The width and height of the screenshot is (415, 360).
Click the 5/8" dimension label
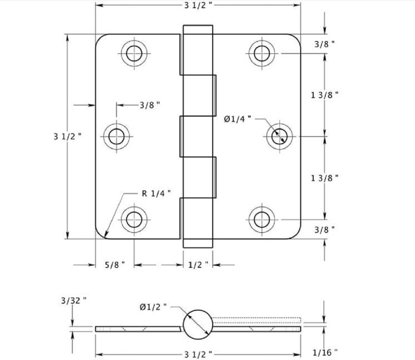coord(115,265)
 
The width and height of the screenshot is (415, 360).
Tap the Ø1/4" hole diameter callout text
coord(237,119)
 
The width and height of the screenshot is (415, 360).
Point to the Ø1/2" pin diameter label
coord(153,307)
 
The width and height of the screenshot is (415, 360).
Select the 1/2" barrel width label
coord(198,265)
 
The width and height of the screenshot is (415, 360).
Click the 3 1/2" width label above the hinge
coord(198,5)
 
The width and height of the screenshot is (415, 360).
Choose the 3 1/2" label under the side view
coord(198,354)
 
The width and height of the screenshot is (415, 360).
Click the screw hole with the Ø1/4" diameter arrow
coord(280,136)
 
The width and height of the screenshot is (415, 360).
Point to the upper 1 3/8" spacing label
coord(325,95)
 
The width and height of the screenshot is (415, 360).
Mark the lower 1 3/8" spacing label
coord(325,177)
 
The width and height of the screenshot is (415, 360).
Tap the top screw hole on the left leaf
coord(134,53)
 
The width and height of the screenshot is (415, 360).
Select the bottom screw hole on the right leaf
coord(262,219)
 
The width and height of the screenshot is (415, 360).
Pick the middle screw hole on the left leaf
coord(116,136)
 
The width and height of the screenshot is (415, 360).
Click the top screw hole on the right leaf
coord(262,53)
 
